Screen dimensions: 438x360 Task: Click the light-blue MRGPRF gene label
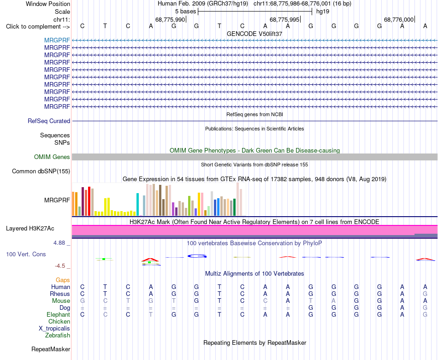57,40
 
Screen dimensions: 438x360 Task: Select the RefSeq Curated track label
49,121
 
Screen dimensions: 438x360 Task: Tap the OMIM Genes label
52,157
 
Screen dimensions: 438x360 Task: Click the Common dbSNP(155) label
41,171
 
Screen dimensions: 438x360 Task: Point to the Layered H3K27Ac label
30,229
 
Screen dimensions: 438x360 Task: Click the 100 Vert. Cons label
26,254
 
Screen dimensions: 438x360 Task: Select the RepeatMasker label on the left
51,349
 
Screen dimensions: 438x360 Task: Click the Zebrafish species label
58,335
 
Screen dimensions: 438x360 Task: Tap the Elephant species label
59,314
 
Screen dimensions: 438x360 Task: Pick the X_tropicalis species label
54,329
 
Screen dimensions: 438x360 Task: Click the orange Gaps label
63,280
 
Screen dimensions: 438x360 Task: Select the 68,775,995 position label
284,19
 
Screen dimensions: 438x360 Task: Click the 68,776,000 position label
399,19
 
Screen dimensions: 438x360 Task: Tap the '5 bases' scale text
186,12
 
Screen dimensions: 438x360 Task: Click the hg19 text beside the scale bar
323,12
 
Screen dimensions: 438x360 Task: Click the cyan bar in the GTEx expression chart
137,204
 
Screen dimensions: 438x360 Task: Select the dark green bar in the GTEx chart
234,207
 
